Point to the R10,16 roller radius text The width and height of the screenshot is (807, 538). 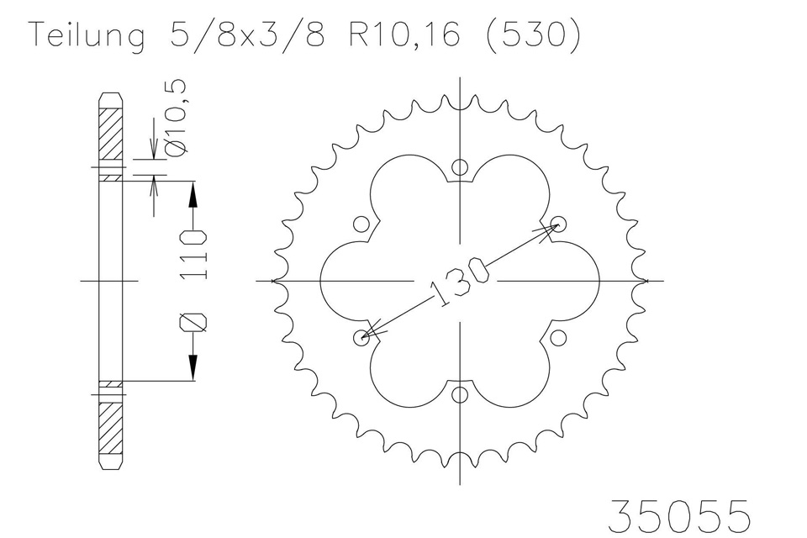(404, 35)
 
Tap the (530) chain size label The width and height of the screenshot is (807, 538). (533, 34)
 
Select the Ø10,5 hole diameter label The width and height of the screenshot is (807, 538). (176, 118)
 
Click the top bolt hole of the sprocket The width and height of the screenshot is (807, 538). (460, 166)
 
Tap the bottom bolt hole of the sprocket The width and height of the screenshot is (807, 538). (460, 395)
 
